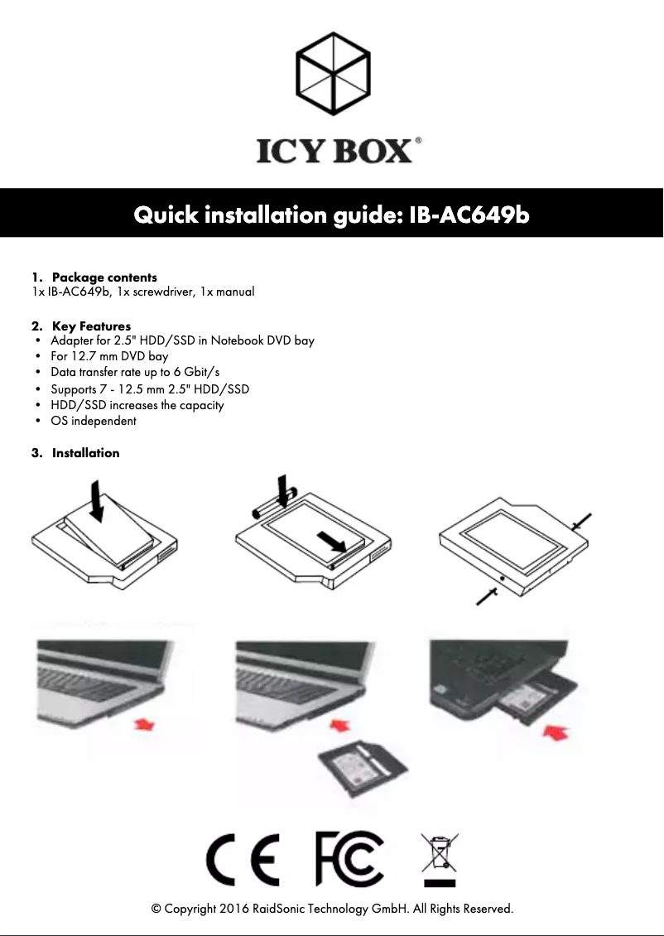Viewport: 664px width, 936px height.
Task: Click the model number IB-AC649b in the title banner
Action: [x=469, y=215]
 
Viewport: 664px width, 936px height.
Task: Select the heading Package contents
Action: [x=104, y=277]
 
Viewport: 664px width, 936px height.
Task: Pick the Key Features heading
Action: [x=91, y=326]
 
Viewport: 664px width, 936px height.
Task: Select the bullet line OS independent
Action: [x=94, y=421]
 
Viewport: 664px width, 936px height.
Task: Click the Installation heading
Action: [x=85, y=453]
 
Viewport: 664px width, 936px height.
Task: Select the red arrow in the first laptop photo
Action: [x=144, y=725]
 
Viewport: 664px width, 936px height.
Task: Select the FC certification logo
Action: [x=349, y=860]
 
